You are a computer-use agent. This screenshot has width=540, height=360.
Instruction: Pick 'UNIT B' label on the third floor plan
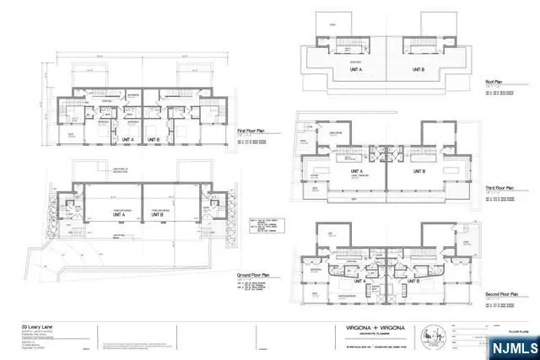click(420, 171)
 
